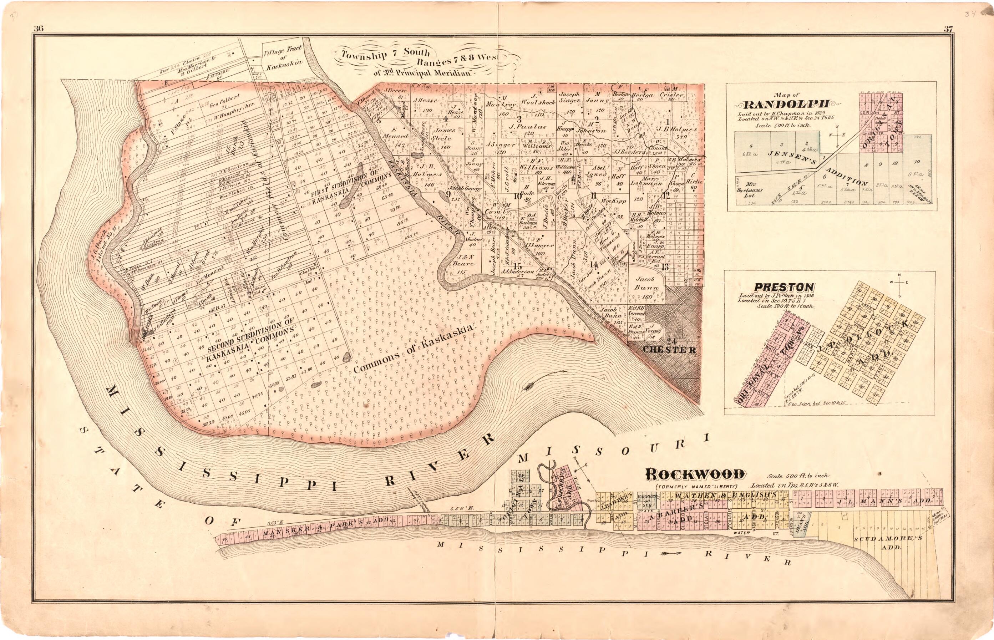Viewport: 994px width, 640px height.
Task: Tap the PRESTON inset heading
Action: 784,287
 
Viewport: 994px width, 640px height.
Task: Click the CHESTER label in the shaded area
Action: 669,350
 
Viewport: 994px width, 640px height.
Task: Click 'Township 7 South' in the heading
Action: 386,53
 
